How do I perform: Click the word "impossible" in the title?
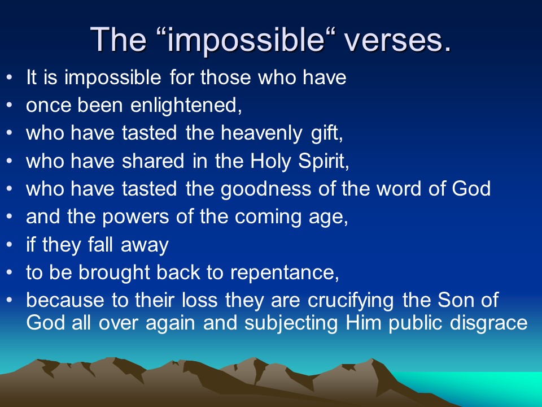pos(246,41)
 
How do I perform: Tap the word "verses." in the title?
pos(398,41)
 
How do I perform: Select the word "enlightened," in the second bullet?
pos(186,106)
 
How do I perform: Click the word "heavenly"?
pos(261,133)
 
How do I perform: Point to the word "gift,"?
pos(327,133)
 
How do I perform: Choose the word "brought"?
pos(113,273)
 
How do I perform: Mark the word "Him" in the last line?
pos(364,323)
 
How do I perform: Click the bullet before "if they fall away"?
pos(10,244)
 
